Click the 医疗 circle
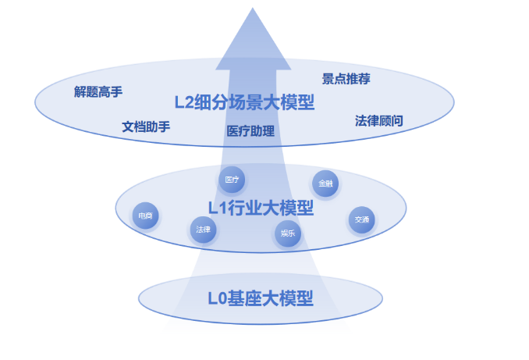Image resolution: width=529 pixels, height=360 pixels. point(232,180)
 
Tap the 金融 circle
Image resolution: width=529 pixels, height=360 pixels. point(325,184)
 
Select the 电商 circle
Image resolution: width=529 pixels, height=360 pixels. point(145,216)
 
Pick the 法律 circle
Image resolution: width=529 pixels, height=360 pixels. point(203,230)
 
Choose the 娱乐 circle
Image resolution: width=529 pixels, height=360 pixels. point(287,233)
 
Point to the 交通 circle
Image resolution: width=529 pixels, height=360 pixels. point(361,219)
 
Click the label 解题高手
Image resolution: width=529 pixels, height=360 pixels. point(98,91)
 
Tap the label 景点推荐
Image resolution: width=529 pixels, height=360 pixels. point(346,78)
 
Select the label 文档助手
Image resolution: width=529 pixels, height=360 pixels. point(146,126)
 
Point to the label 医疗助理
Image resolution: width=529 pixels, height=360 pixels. point(250,130)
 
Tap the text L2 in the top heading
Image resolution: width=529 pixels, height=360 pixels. point(184,103)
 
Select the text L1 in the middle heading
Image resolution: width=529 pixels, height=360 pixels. point(215,208)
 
